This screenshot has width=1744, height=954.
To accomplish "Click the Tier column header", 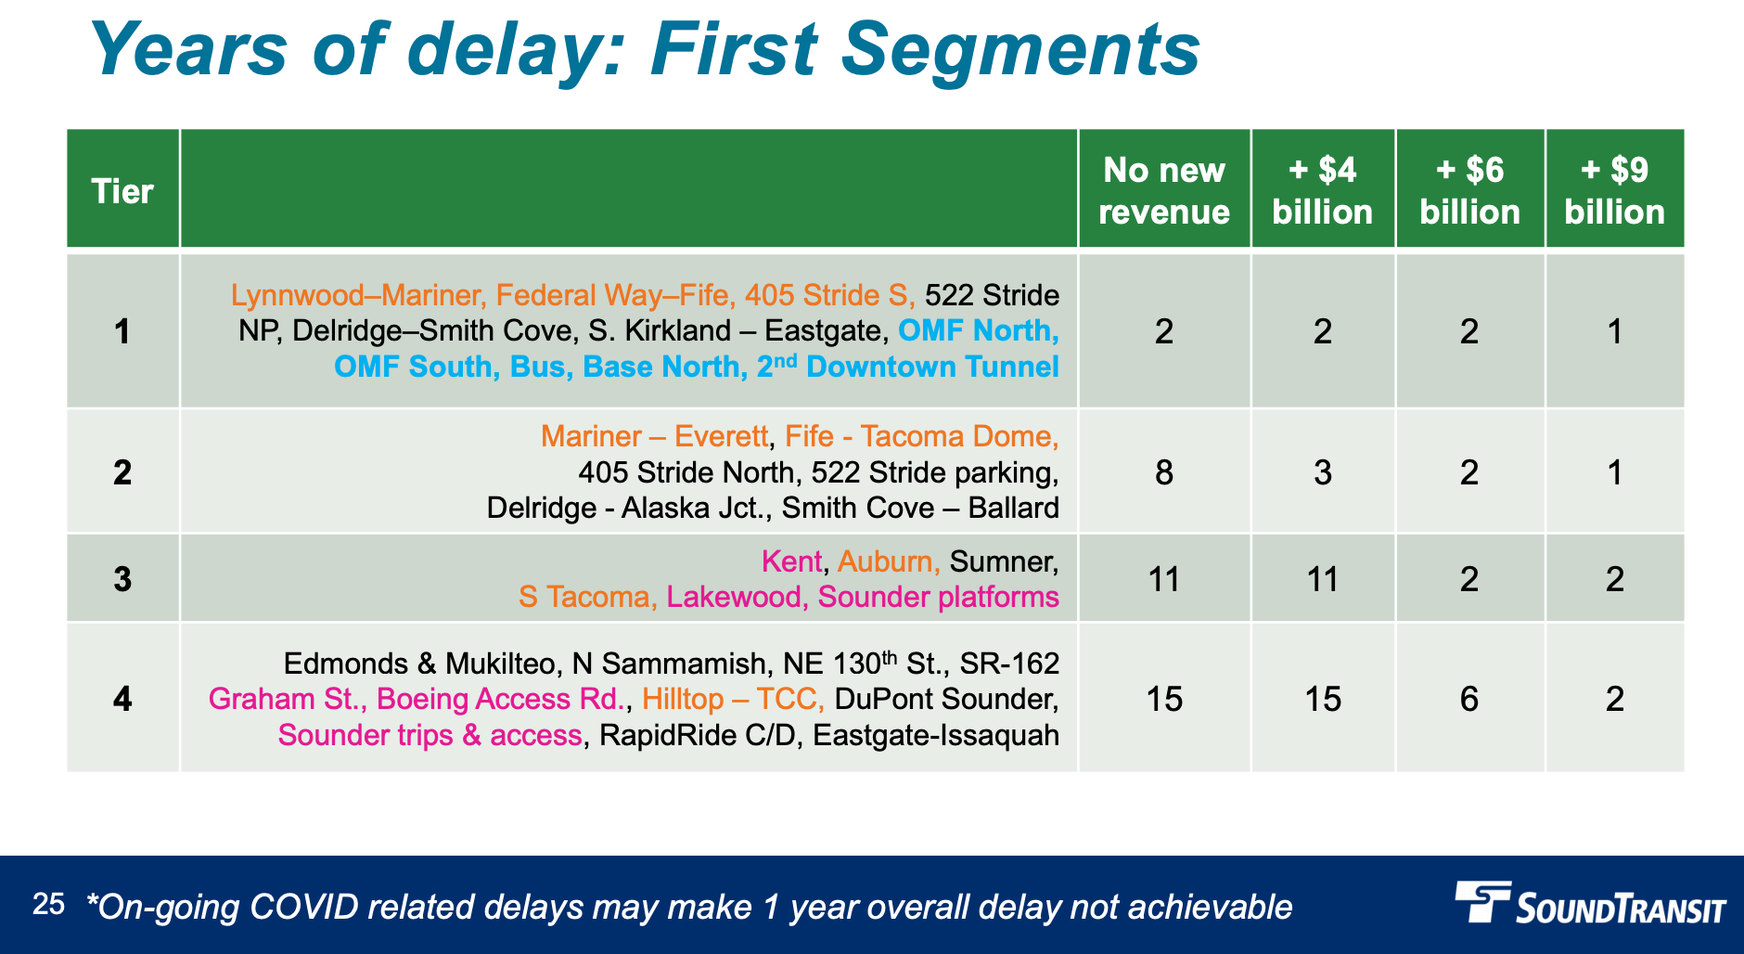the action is [122, 191].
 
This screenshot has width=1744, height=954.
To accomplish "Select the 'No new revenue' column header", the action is [1164, 191].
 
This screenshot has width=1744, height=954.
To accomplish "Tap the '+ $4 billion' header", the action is [1323, 191].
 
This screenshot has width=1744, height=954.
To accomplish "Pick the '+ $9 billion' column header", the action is [1615, 191].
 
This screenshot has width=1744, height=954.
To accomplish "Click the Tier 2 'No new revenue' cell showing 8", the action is [1164, 472].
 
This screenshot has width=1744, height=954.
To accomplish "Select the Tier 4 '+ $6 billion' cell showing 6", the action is [1469, 699].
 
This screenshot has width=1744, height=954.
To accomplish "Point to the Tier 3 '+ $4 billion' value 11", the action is [1323, 579].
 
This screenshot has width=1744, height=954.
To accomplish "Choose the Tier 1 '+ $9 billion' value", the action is [1615, 331].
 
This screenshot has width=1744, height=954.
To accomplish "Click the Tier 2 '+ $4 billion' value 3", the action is [1323, 472].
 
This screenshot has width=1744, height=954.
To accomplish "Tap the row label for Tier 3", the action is [122, 579].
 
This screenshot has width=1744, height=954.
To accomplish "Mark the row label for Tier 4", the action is [122, 699].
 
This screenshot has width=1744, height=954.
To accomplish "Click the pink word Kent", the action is [791, 561].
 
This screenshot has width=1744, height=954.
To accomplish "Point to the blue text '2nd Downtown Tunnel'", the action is [907, 367].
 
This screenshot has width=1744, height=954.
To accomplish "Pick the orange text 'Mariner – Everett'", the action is [655, 436].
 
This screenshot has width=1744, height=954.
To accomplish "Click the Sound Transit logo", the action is [1590, 902].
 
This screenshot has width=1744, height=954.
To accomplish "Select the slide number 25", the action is [48, 904].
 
